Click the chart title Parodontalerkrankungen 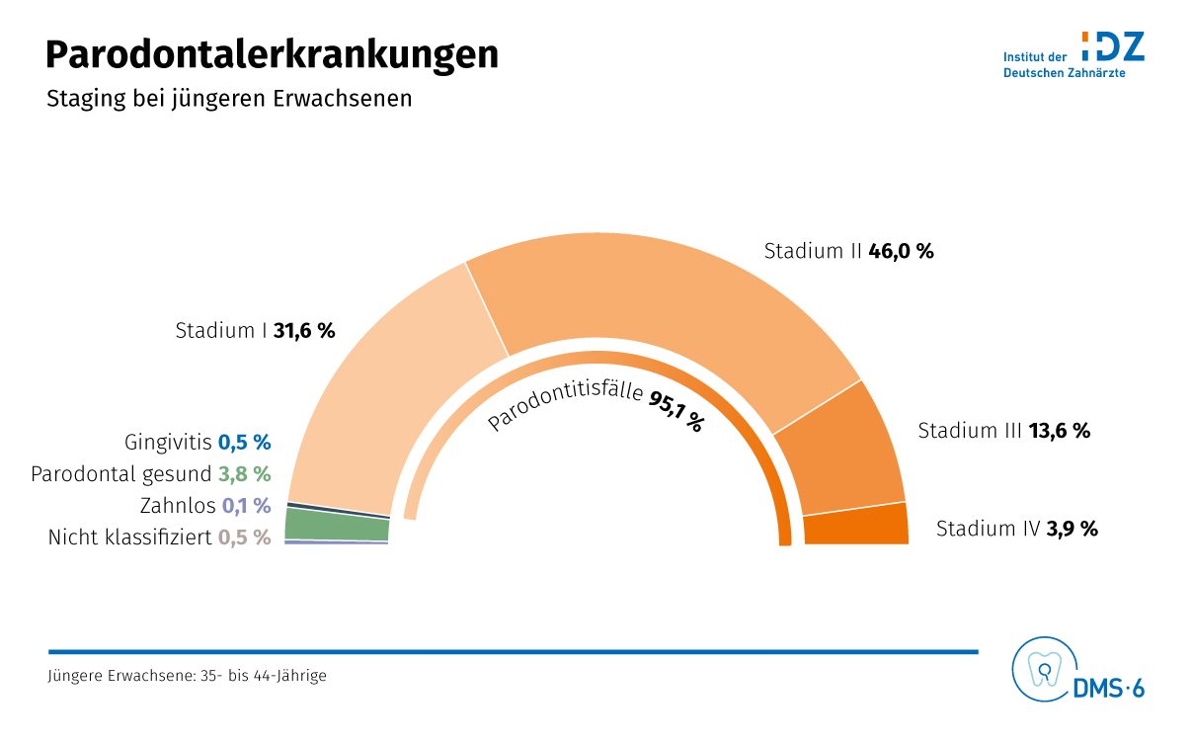tap(272, 55)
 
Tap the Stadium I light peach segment tap(385, 395)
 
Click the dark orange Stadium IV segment tap(855, 525)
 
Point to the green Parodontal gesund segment tap(336, 525)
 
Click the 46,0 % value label tap(901, 251)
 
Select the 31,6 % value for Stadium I tap(304, 331)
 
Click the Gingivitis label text tap(168, 442)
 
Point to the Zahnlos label tap(178, 506)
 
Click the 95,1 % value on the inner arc tap(676, 410)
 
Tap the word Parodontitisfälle tap(565, 402)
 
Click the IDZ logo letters tap(1113, 46)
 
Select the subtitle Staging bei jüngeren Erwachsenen tap(229, 100)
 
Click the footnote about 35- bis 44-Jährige tap(187, 677)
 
